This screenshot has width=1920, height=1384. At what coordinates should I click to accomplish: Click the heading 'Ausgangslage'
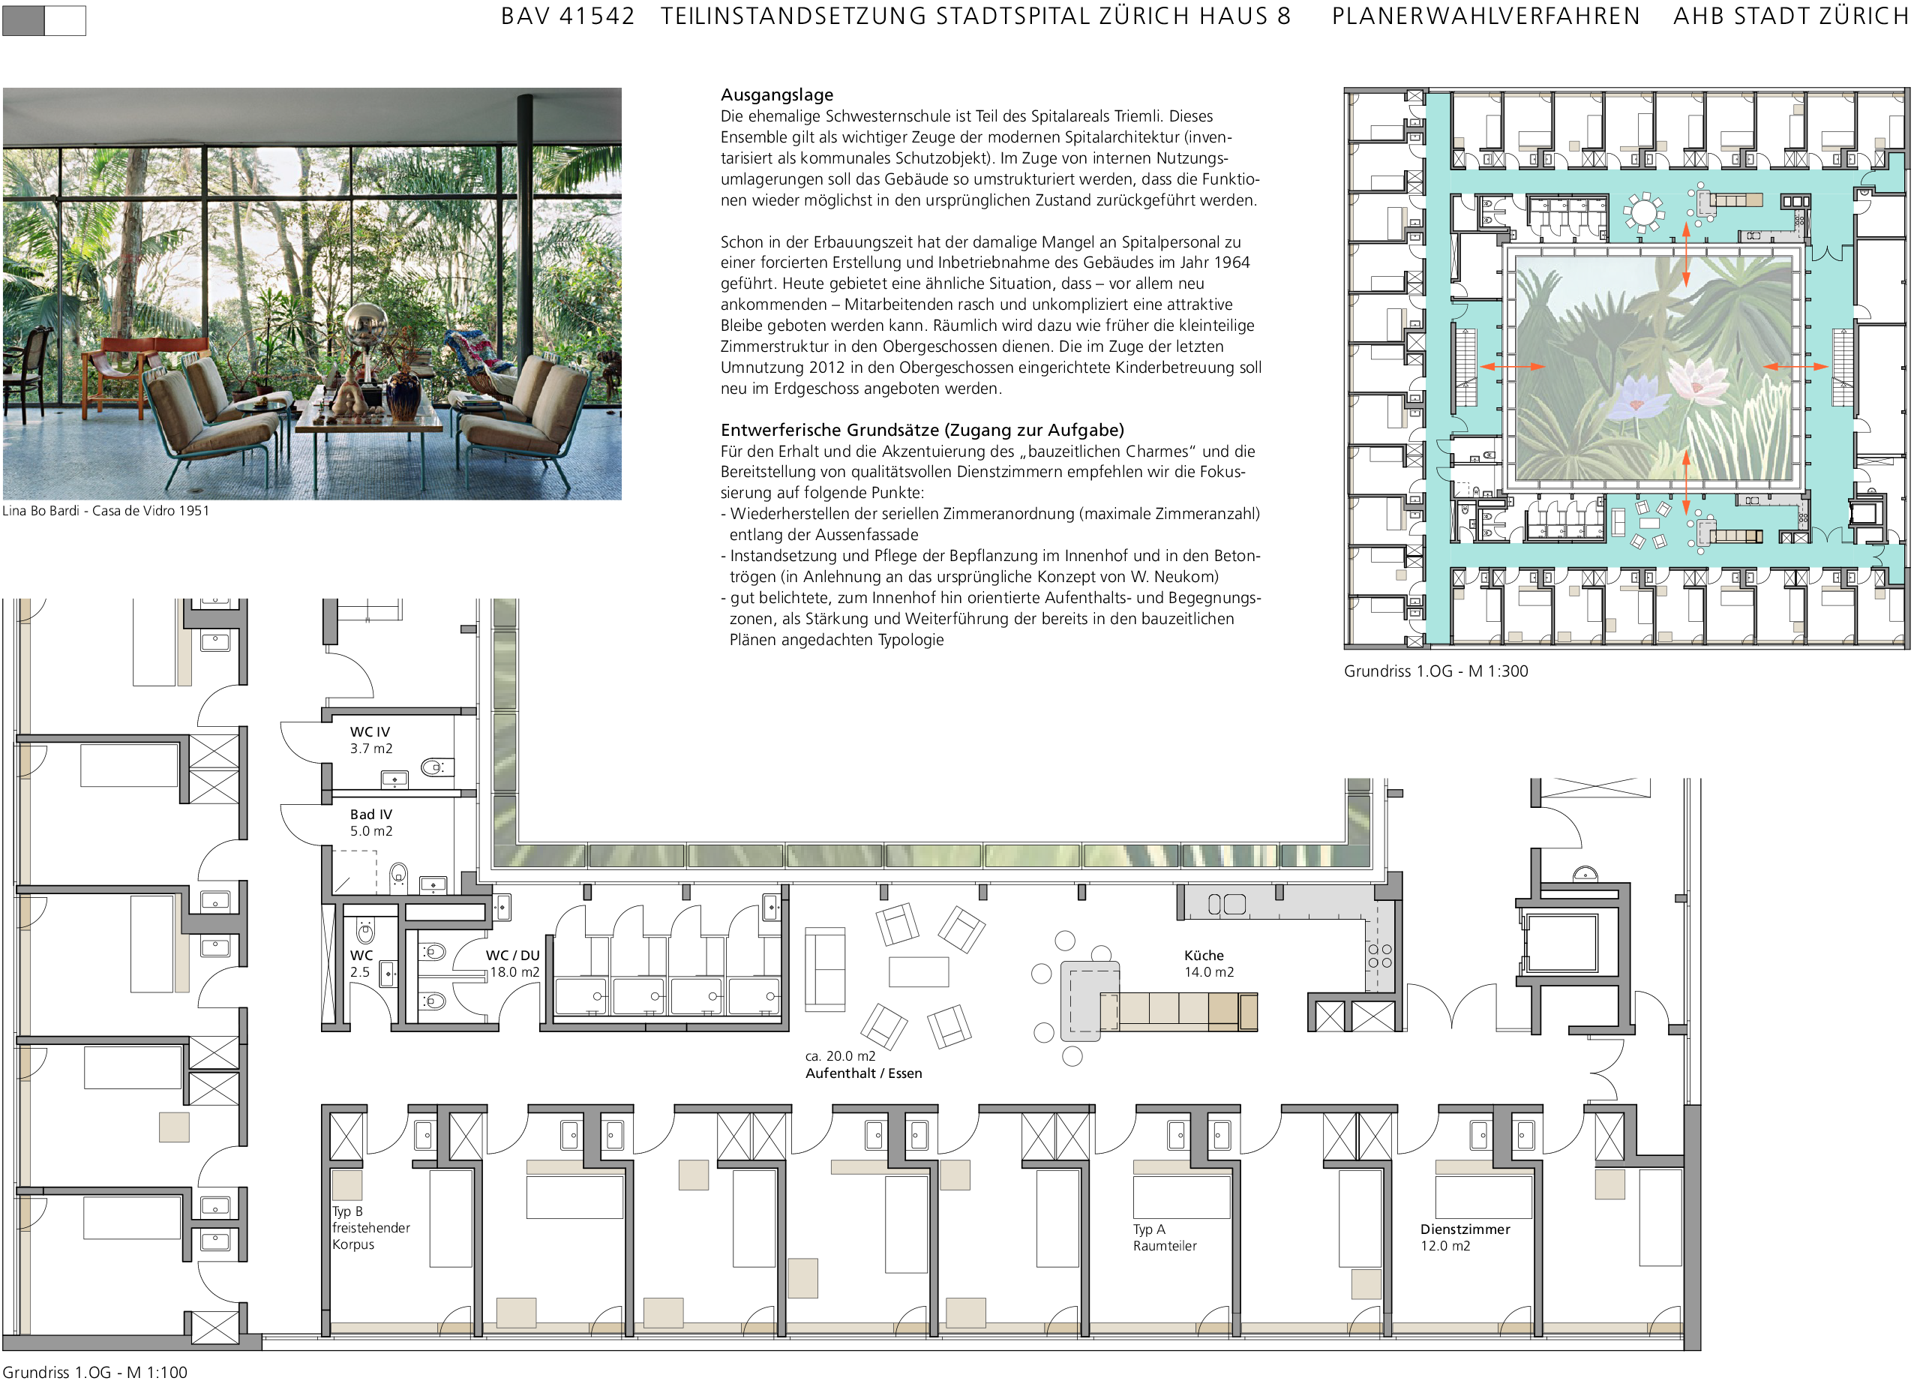[x=776, y=95]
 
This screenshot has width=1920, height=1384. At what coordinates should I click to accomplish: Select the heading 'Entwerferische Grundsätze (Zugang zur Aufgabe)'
[x=922, y=430]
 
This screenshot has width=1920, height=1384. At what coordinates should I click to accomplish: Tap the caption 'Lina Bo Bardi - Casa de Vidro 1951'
[x=106, y=510]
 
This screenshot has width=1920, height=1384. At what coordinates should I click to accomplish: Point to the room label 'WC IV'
[x=370, y=731]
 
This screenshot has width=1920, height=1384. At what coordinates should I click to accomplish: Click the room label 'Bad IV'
[x=370, y=815]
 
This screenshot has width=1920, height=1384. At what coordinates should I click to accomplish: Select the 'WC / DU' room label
[x=512, y=955]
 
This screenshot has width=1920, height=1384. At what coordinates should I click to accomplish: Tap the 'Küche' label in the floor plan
[x=1204, y=955]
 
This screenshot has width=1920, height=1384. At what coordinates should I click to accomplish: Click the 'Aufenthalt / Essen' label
[x=863, y=1073]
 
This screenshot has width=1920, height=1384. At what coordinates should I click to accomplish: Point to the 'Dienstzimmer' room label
[x=1465, y=1229]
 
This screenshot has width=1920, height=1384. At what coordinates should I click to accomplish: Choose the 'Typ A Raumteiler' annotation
[x=1165, y=1238]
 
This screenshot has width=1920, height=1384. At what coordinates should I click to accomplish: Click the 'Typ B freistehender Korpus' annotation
[x=370, y=1227]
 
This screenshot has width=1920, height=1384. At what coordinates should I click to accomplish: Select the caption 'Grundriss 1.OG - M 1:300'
[x=1435, y=671]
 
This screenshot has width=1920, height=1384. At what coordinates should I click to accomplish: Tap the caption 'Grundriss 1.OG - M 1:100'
[x=94, y=1372]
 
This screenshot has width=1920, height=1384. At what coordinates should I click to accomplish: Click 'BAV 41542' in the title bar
[x=567, y=16]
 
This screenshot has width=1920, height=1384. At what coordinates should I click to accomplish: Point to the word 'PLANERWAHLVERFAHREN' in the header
[x=1486, y=16]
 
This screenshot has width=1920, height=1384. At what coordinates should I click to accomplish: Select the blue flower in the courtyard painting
[x=1633, y=396]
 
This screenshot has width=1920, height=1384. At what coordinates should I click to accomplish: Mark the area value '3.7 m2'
[x=370, y=749]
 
